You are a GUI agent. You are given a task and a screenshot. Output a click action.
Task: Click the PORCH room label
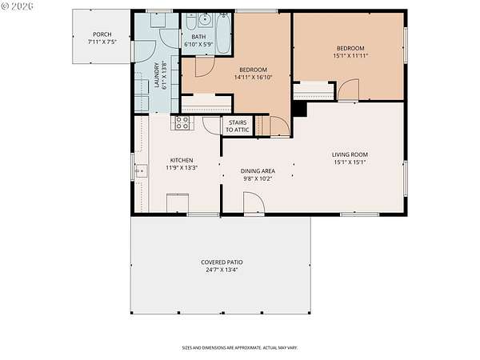click(x=102, y=34)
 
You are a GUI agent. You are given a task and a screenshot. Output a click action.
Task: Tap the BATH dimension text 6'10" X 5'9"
click(x=198, y=44)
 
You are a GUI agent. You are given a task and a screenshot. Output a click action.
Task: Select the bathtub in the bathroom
click(x=224, y=33)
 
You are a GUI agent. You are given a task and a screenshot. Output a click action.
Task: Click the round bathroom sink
click(x=204, y=20)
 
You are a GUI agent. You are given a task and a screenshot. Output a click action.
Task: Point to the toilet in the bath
click(x=190, y=22)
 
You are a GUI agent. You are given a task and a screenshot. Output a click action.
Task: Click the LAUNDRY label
click(x=157, y=75)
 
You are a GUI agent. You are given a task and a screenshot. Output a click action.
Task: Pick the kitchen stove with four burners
click(x=182, y=122)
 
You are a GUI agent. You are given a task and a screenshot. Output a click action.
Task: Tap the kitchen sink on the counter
click(x=141, y=171)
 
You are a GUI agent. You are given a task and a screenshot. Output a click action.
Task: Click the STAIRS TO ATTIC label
click(x=238, y=126)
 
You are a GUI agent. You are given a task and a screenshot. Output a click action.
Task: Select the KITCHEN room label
click(x=182, y=160)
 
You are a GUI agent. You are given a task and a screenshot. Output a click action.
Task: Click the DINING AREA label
click(x=258, y=171)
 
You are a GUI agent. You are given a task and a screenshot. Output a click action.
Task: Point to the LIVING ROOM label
click(x=350, y=154)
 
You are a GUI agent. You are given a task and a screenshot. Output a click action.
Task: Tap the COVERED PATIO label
click(x=222, y=262)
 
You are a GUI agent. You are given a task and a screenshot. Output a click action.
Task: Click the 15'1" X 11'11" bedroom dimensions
click(x=350, y=56)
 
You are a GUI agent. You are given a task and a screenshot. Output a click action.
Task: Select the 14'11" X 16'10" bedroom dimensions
click(x=253, y=77)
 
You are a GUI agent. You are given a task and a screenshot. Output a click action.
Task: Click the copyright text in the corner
click(x=17, y=6)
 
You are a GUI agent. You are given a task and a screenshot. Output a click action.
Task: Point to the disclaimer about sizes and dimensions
click(x=240, y=348)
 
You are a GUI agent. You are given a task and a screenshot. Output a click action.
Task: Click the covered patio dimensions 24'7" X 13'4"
click(x=222, y=270)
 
